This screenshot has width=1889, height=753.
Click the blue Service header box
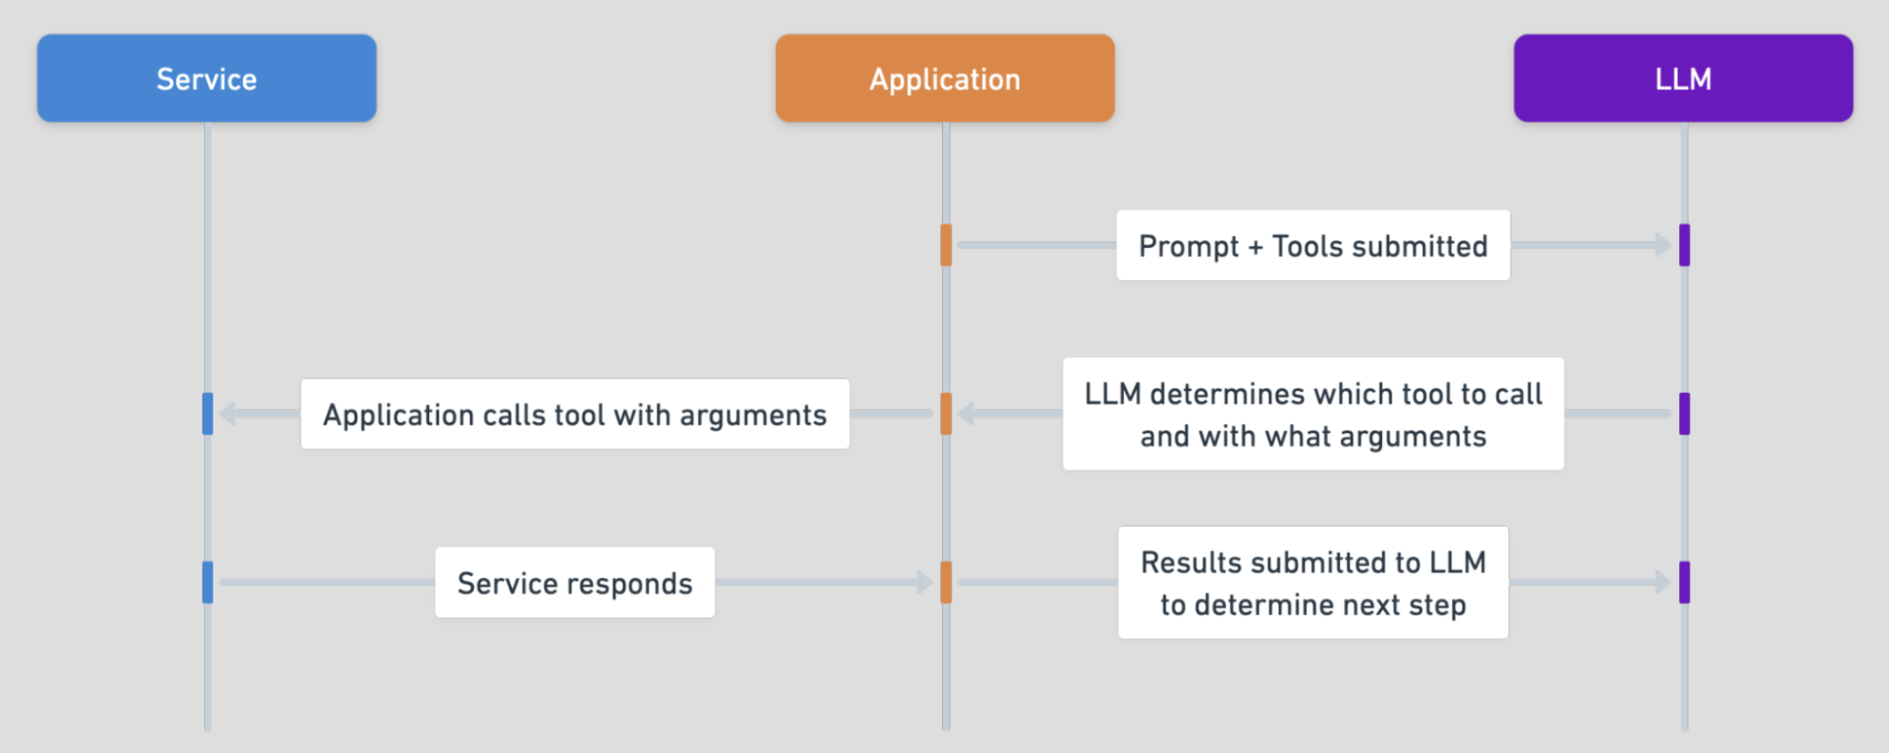click(x=207, y=78)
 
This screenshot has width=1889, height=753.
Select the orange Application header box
click(x=944, y=78)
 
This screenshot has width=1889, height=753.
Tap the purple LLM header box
click(x=1682, y=78)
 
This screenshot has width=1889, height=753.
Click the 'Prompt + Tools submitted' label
click(x=1313, y=245)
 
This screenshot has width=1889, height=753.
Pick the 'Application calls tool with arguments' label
click(x=575, y=414)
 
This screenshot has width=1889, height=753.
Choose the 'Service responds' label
click(x=575, y=582)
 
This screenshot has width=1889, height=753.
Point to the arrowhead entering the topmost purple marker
click(x=1662, y=245)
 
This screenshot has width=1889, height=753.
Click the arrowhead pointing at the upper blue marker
click(x=228, y=414)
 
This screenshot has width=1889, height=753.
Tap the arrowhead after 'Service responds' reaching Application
click(x=924, y=582)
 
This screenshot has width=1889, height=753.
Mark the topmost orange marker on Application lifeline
click(x=946, y=245)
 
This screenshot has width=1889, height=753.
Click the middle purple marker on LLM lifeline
click(x=1684, y=414)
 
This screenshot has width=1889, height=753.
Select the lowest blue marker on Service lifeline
click(x=207, y=582)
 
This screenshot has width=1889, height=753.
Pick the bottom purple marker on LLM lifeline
click(x=1684, y=582)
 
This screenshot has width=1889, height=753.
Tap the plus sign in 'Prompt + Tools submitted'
click(x=1255, y=247)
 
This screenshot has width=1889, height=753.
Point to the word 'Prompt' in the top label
click(x=1188, y=247)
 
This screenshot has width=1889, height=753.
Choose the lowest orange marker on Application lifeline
click(x=946, y=582)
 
